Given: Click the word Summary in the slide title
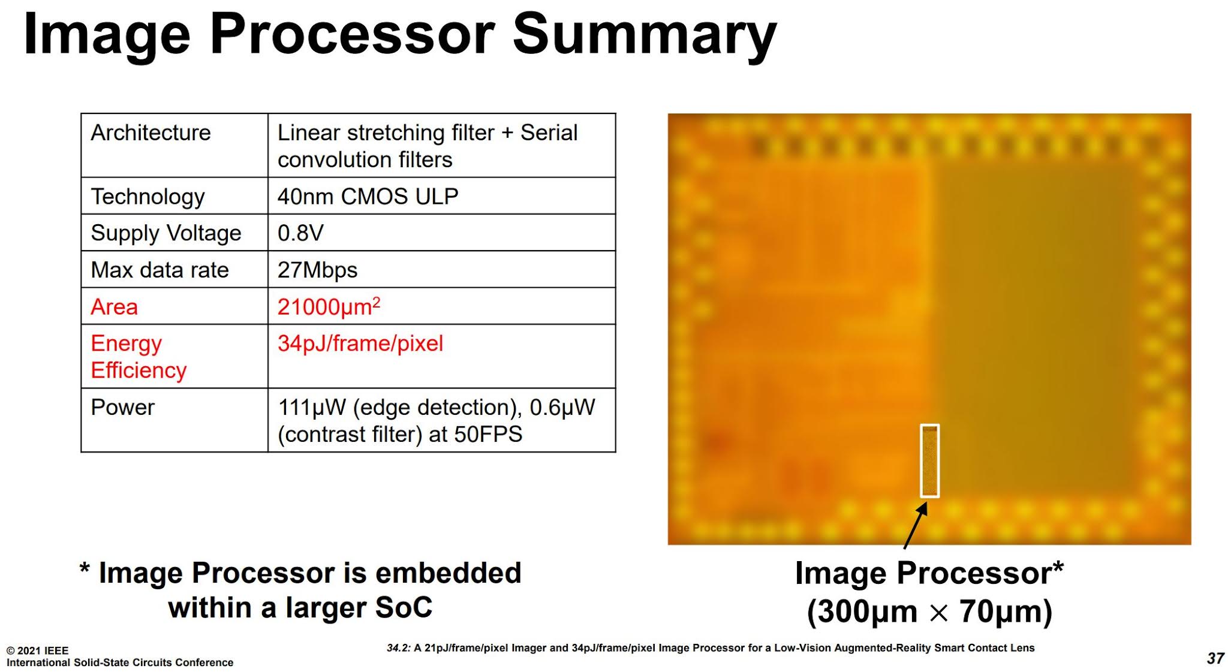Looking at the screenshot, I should coord(645,35).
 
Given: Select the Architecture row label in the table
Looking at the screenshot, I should coord(151,132).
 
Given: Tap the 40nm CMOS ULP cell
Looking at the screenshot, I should coord(368,197).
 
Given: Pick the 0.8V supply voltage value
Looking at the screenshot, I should coord(300,233).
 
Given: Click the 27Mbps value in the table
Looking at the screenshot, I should coord(317,270).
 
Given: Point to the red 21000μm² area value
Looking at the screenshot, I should coord(328,306).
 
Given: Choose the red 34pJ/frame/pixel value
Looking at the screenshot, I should coord(360,343).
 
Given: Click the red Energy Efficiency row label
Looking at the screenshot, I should coord(139,357).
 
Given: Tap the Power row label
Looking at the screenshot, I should coord(122,408).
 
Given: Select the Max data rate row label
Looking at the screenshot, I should coord(159,270).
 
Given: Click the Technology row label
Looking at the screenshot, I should coord(148,197).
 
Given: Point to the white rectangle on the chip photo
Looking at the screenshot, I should coord(929,460).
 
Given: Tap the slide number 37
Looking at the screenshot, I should coord(1215,658).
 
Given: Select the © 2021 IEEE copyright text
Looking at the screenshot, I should coord(37,650).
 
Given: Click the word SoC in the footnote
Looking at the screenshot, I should coord(404,607).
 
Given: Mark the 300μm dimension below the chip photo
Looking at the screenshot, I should coord(861,611).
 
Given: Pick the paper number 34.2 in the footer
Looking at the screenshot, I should coord(398,648).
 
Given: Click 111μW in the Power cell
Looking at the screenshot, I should coord(312,408).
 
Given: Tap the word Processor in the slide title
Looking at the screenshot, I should coord(352,35).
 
